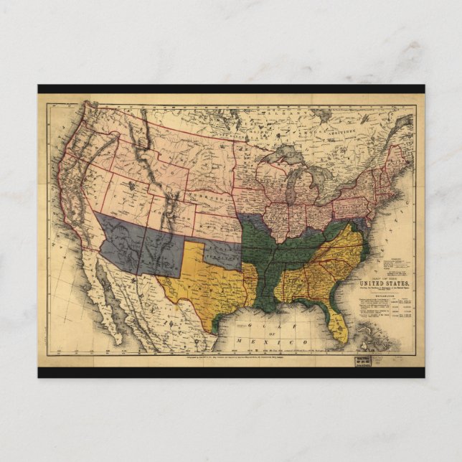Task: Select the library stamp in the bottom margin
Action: coord(362,362)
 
